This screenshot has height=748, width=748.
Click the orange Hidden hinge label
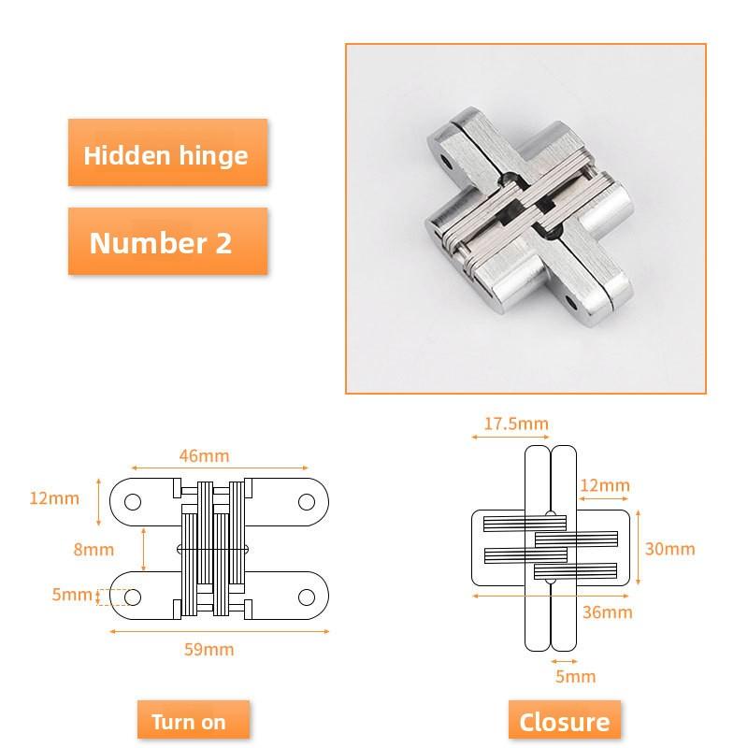point(166,154)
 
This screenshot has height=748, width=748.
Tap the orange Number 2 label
point(161,243)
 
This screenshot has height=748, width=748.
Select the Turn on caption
point(189,722)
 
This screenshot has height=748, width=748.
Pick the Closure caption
point(564,722)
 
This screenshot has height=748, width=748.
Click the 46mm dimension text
point(203,456)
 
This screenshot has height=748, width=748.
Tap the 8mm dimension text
point(93,549)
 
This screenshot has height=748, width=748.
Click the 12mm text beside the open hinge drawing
point(54,497)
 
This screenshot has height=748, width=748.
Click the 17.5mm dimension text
point(516,424)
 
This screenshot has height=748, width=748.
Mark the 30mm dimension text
point(670,548)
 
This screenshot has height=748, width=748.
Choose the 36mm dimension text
point(607,612)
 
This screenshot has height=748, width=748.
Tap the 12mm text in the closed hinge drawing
point(604,485)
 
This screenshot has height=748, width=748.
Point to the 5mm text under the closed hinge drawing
point(575,676)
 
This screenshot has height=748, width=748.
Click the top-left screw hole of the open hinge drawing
point(133,501)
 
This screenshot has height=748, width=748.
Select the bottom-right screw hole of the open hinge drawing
point(306,597)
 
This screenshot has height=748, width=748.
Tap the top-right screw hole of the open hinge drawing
point(306,501)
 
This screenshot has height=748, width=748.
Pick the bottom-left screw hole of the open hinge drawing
point(133,597)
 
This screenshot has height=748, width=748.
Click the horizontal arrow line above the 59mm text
point(220,631)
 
